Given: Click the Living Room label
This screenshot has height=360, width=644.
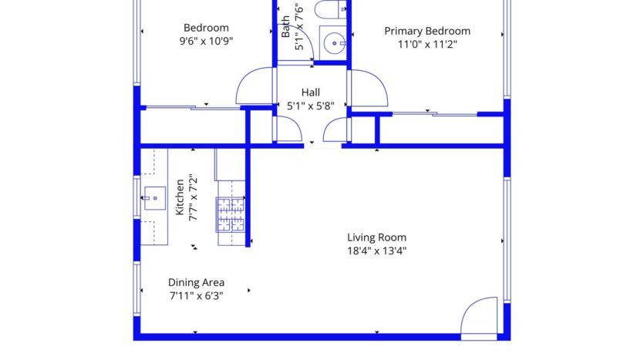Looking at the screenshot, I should (x=376, y=237).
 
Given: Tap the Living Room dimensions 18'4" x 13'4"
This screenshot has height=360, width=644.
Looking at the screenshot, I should (x=376, y=251).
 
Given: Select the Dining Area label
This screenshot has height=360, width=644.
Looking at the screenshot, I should (x=196, y=282).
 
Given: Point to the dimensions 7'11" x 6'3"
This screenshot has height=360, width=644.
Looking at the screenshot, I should (x=196, y=295).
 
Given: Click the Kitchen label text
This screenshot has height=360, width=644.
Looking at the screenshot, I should (x=180, y=197).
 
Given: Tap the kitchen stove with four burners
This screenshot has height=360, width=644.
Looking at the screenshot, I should (x=231, y=215).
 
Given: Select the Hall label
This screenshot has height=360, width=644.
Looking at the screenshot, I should (x=311, y=93).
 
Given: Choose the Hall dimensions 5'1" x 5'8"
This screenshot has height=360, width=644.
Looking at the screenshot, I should (x=311, y=106).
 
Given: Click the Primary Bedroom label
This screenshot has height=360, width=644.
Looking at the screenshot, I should (x=427, y=31).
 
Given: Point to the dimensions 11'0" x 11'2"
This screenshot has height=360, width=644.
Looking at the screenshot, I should (x=427, y=45).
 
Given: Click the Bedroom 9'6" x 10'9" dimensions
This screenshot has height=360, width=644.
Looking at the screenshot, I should (x=205, y=42).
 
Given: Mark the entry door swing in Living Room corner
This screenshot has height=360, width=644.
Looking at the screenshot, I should (x=480, y=316).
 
